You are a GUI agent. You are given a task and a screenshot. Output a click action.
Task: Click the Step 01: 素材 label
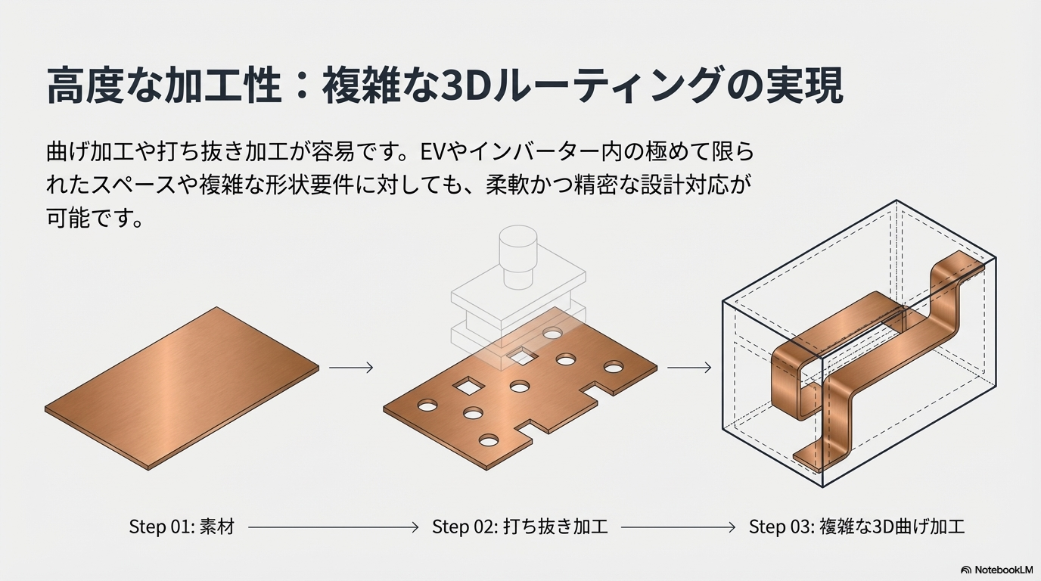click(x=182, y=527)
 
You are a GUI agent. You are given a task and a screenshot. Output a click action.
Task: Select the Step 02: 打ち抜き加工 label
click(x=520, y=527)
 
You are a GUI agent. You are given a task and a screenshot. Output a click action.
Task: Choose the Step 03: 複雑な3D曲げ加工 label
click(x=856, y=527)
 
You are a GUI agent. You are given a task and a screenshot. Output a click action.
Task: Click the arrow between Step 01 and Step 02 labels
click(x=333, y=527)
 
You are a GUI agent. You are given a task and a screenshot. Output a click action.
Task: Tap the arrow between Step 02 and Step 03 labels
click(x=678, y=527)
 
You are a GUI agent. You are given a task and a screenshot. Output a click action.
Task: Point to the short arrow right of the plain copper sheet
click(x=351, y=368)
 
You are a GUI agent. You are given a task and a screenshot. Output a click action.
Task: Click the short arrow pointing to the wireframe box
click(x=689, y=368)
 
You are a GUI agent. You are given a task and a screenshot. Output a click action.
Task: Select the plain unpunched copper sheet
click(x=182, y=388)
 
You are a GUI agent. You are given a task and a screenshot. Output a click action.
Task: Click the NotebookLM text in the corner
click(x=1003, y=570)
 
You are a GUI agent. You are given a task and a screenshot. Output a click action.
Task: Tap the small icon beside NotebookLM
click(x=966, y=570)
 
